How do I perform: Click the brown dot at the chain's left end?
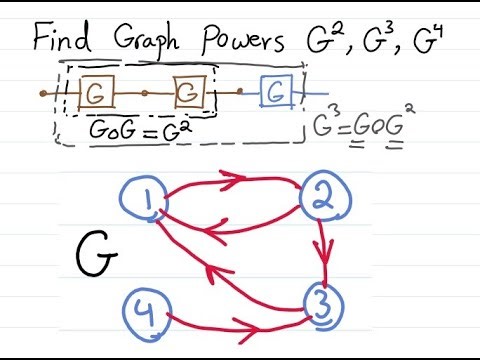point(43,94)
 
